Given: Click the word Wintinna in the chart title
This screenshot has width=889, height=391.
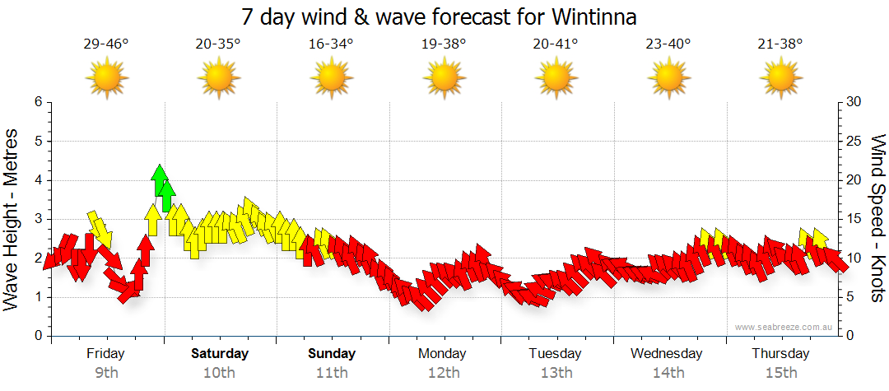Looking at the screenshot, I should (588, 16).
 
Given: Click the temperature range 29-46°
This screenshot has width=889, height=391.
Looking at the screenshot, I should (106, 44).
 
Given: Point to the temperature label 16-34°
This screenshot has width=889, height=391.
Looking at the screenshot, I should (331, 44).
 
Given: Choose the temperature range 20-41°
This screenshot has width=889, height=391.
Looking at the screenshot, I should (556, 44).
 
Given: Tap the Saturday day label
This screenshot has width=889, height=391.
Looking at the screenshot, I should (220, 354).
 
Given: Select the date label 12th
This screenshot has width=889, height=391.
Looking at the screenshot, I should (444, 372).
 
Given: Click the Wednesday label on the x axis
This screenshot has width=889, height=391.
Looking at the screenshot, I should (667, 354).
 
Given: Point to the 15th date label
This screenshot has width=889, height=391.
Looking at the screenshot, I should (780, 372).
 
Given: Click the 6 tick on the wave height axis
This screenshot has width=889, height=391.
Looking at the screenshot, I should (38, 102).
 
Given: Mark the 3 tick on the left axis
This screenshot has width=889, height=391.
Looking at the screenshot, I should (38, 219).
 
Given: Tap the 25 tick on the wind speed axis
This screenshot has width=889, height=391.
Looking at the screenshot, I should (854, 141).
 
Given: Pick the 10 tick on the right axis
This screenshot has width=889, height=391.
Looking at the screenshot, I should (854, 258).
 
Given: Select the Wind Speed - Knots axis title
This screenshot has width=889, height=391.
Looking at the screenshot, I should (877, 218).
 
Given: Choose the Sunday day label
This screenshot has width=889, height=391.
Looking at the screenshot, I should (332, 354).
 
